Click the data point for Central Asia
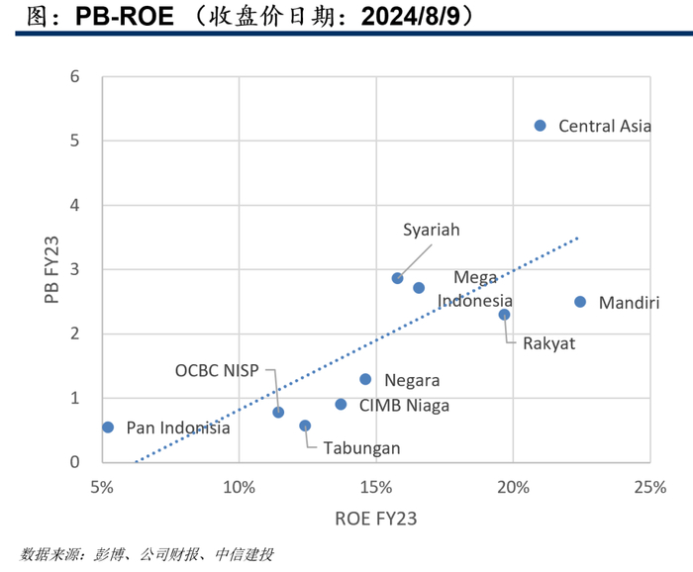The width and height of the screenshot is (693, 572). coord(540,126)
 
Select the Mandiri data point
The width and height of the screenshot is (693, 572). coord(580,302)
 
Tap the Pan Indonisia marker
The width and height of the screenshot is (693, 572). coord(108,428)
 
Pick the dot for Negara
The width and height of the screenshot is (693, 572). coord(365,379)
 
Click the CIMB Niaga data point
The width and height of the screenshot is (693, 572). coord(341,404)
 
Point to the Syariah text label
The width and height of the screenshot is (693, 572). coord(432,231)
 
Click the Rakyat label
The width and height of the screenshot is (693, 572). coord(548,343)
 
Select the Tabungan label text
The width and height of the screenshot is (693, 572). coord(361,448)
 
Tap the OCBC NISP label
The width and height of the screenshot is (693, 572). coord(217,370)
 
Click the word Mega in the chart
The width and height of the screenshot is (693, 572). coord(475,278)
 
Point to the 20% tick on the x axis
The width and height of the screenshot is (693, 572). coord(513,487)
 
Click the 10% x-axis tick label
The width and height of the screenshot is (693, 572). coord(240,487)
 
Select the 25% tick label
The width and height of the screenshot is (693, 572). coord(650,487)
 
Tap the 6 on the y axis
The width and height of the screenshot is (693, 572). coord(74,77)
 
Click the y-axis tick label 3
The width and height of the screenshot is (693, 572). coord(74,269)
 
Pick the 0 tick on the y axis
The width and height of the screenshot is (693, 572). coord(74,462)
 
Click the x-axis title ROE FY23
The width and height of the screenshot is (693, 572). coord(376,519)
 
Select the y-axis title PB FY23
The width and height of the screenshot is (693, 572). coord(51,269)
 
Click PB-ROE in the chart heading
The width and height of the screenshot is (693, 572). coord(125,17)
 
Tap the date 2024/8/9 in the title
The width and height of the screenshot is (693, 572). coord(411,17)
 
